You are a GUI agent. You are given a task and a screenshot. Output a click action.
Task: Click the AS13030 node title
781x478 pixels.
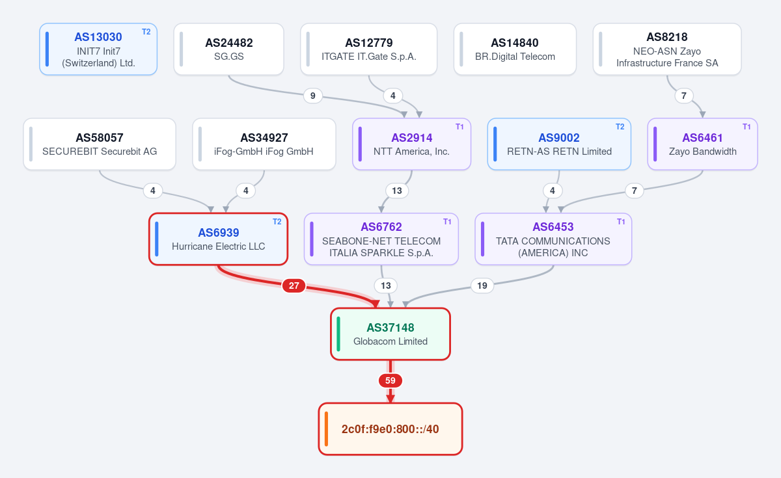[98, 37]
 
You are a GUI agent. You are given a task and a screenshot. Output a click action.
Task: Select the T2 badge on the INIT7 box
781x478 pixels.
[146, 32]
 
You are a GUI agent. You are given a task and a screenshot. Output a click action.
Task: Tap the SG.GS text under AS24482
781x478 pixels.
[228, 57]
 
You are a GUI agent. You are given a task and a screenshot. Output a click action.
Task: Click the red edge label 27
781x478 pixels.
[294, 285]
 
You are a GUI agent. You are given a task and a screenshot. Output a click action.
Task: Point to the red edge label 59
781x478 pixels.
[390, 380]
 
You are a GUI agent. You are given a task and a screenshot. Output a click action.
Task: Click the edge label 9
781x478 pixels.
[313, 96]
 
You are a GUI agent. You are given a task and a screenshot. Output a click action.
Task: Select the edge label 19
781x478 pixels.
[482, 285]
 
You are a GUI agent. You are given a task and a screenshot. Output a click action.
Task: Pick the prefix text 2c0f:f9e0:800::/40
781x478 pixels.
[390, 429]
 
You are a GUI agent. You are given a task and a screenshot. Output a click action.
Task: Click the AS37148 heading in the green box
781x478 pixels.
[390, 328]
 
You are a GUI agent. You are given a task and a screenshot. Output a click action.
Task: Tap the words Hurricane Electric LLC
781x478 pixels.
[218, 246]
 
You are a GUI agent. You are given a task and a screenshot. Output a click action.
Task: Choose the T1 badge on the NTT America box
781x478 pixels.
[459, 127]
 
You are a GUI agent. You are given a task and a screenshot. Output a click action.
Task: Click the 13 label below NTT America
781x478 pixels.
[397, 191]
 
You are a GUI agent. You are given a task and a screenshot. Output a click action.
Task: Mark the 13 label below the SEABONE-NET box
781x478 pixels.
[385, 285]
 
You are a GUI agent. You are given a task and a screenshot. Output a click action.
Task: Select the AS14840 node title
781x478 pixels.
[515, 43]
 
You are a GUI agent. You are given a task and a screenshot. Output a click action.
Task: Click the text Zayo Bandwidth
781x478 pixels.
[702, 152]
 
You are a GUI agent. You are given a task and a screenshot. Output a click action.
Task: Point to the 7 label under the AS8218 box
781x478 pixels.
[684, 96]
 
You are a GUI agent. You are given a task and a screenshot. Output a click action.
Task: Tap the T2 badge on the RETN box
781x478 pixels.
[620, 127]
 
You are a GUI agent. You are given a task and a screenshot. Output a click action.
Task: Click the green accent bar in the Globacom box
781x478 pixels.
[338, 334]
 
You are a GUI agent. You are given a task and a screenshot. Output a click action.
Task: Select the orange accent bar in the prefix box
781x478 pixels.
[326, 429]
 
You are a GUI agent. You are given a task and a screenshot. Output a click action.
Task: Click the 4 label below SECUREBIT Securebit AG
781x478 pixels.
[153, 191]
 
